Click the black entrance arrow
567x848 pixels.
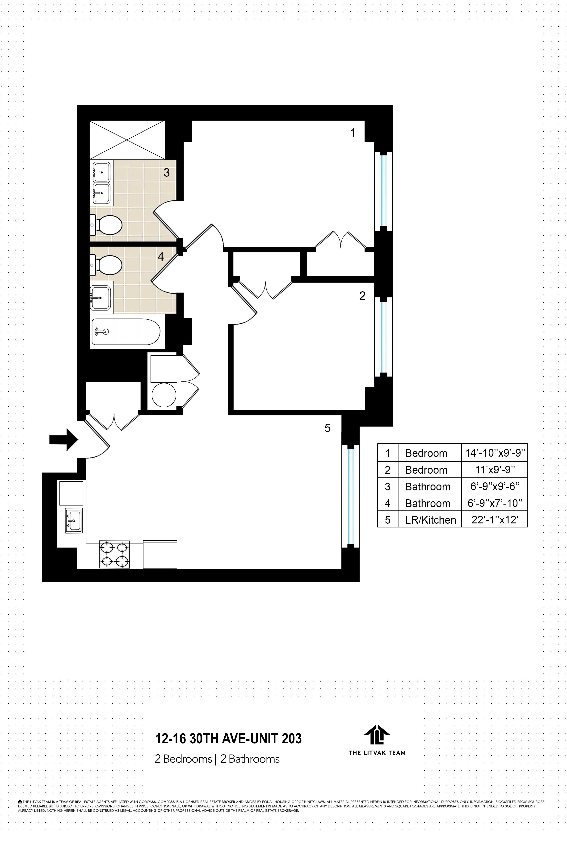(63, 439)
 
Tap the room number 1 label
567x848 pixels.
(353, 133)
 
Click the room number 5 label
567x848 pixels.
(327, 428)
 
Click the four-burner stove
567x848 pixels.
(114, 554)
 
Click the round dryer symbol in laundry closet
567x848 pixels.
(164, 395)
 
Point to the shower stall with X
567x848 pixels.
(127, 140)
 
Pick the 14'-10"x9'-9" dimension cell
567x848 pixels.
(494, 453)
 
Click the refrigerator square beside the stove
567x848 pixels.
(160, 554)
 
